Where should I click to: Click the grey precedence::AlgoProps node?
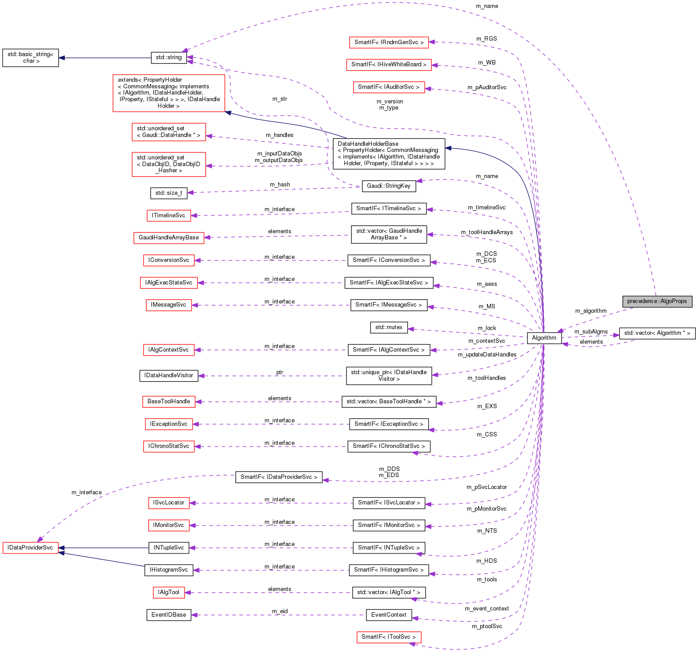657,301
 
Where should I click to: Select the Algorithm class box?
544,338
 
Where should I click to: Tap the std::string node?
168,57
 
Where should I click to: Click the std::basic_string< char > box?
30,58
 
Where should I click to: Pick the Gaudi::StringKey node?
389,186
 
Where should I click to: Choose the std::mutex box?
389,327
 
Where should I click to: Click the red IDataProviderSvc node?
30,548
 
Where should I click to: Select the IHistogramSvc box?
168,570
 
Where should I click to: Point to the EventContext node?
389,615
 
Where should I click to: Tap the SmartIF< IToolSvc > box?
389,637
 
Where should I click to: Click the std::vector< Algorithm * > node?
657,333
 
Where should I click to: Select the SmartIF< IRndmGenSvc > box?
389,42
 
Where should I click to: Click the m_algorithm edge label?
591,311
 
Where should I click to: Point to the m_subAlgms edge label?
591,332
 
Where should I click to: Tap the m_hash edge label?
279,185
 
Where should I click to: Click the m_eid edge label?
279,611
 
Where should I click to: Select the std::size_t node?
168,193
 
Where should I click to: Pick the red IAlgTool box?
168,592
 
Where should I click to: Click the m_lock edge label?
487,328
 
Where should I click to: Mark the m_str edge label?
279,99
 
